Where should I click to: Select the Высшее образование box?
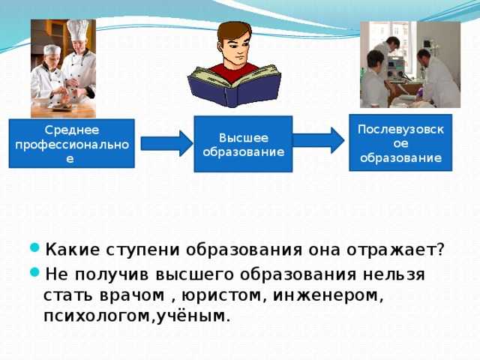[x=242, y=144]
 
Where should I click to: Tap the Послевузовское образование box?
[x=400, y=142]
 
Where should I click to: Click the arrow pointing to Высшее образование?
[x=166, y=143]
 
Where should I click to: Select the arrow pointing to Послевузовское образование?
[x=317, y=141]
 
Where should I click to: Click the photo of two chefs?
[x=63, y=68]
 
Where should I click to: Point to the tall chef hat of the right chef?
[x=77, y=31]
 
